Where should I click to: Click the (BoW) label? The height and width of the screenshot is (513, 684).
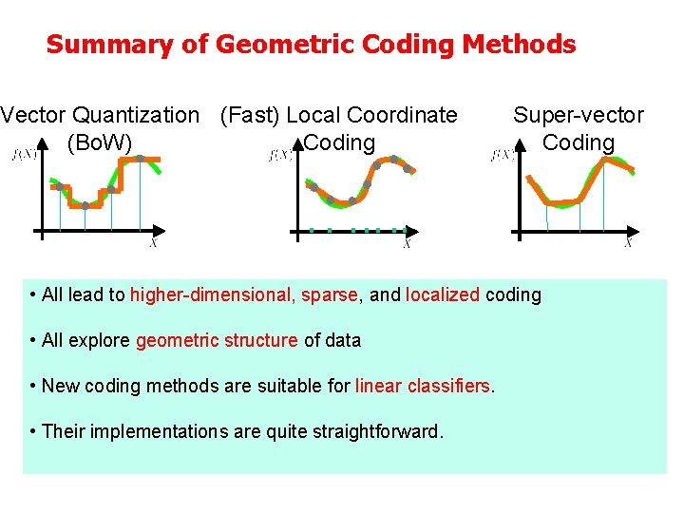coord(100,143)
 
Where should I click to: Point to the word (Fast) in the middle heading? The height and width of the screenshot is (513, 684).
coord(249,116)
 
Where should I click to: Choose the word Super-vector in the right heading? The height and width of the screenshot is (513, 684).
coord(578,116)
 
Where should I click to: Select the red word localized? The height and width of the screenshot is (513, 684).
coord(443,294)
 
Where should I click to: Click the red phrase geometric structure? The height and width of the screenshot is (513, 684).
coord(217,340)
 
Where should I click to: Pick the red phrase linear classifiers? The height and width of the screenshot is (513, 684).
coord(424,386)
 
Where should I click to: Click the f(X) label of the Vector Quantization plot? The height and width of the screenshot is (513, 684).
coord(24,155)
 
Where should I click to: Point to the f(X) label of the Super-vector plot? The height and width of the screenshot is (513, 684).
coord(503,155)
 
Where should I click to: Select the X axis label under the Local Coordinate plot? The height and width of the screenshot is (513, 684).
coord(407,244)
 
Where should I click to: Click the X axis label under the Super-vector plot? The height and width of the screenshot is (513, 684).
coord(627,244)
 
